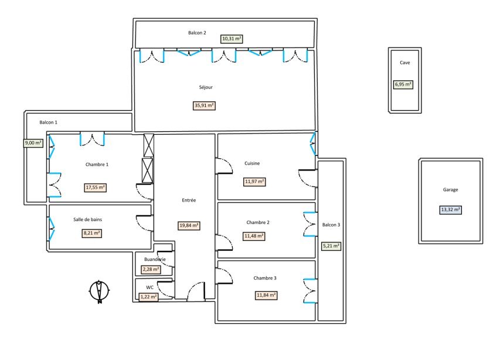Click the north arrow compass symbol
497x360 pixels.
point(99,291)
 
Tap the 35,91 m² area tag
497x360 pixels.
point(204,106)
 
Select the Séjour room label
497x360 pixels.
point(206,87)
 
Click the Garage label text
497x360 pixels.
point(450,189)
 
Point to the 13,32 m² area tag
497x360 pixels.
point(450,210)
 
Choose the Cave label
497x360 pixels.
point(405,63)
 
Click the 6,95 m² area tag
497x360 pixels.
point(403,84)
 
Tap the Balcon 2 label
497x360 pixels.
point(197,33)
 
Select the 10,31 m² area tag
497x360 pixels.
point(232,39)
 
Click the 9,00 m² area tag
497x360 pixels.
point(33,143)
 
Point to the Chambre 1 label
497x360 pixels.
point(97,164)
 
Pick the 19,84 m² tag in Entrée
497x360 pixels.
point(189,226)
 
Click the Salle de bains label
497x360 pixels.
point(87,219)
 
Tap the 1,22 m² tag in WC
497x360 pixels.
point(149,297)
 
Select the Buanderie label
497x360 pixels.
point(155,259)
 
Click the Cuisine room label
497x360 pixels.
point(252,164)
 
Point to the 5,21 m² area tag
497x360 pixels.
point(331,246)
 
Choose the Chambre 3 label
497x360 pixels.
point(265,278)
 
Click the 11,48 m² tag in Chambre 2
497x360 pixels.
point(254,236)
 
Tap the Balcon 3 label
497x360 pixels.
point(331,225)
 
